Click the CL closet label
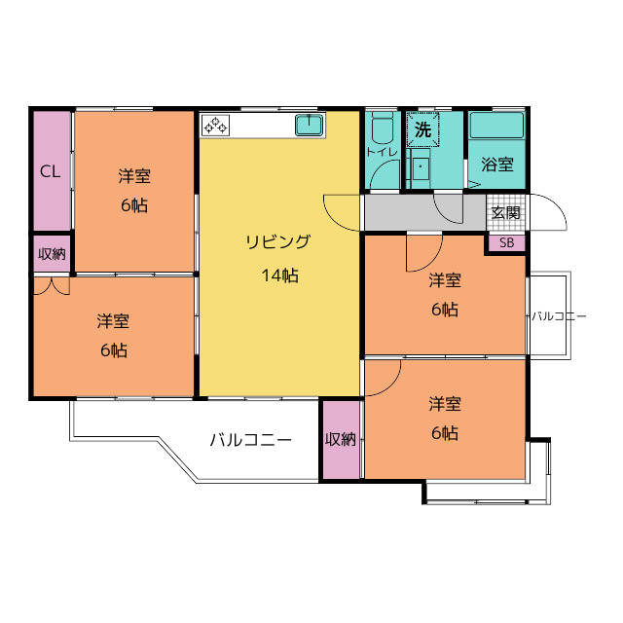click(50, 171)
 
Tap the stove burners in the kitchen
click(215, 125)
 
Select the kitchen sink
click(310, 125)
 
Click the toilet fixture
click(382, 128)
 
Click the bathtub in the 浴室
click(496, 126)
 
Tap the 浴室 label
click(497, 165)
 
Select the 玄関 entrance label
click(506, 213)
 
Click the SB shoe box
click(506, 242)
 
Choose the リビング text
click(277, 241)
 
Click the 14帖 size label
click(279, 275)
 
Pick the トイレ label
click(382, 152)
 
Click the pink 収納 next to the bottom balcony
click(341, 439)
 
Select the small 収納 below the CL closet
click(52, 253)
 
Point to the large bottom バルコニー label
click(251, 440)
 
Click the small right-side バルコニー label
click(559, 316)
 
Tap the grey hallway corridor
click(424, 212)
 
